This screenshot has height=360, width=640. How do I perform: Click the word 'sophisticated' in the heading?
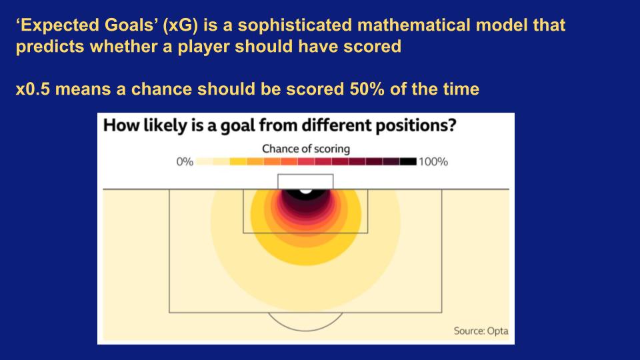[x=295, y=25]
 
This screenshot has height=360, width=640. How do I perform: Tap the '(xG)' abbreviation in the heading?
[x=180, y=25]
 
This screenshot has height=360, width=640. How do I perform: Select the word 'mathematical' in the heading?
[x=414, y=25]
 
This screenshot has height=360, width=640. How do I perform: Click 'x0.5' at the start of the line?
[x=33, y=89]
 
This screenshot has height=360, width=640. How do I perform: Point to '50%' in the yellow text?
[x=367, y=89]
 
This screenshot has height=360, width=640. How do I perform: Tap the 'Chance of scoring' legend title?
[x=306, y=149]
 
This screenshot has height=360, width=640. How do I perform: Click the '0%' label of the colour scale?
[x=185, y=161]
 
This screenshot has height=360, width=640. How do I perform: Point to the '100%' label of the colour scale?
[x=433, y=161]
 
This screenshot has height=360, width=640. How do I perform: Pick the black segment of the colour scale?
[x=408, y=161]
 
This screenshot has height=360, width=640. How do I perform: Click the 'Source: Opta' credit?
[x=481, y=331]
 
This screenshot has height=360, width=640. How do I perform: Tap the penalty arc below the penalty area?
[x=305, y=330]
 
